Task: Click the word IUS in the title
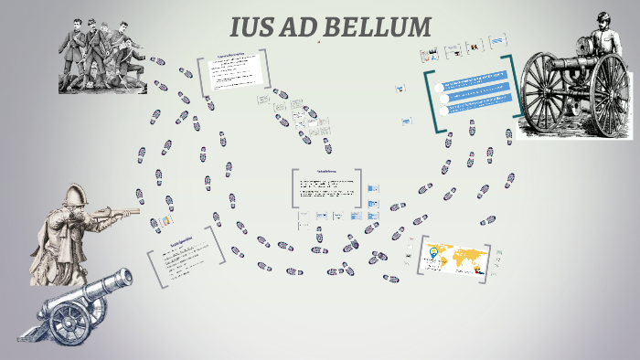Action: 256,27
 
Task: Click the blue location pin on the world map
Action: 433,250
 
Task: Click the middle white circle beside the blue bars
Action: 443,96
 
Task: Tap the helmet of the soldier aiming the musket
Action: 76,196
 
